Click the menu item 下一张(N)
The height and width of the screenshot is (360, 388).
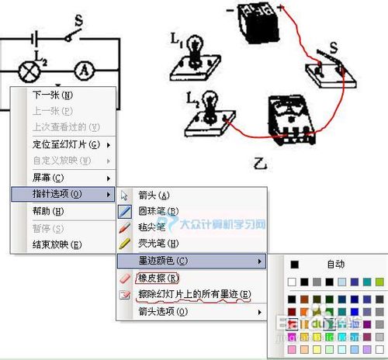point(52,95)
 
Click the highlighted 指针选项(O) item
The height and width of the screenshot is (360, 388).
point(58,193)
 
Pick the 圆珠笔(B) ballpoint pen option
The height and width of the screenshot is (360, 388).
point(158,211)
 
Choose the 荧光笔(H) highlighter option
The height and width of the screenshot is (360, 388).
point(158,244)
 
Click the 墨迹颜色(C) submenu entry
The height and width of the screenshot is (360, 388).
point(163,261)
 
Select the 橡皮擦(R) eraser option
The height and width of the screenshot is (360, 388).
point(158,278)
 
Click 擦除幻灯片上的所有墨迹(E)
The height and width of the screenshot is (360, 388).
point(194,294)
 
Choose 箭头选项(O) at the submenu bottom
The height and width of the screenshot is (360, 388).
point(163,311)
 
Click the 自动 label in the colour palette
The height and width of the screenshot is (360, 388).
point(335,265)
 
